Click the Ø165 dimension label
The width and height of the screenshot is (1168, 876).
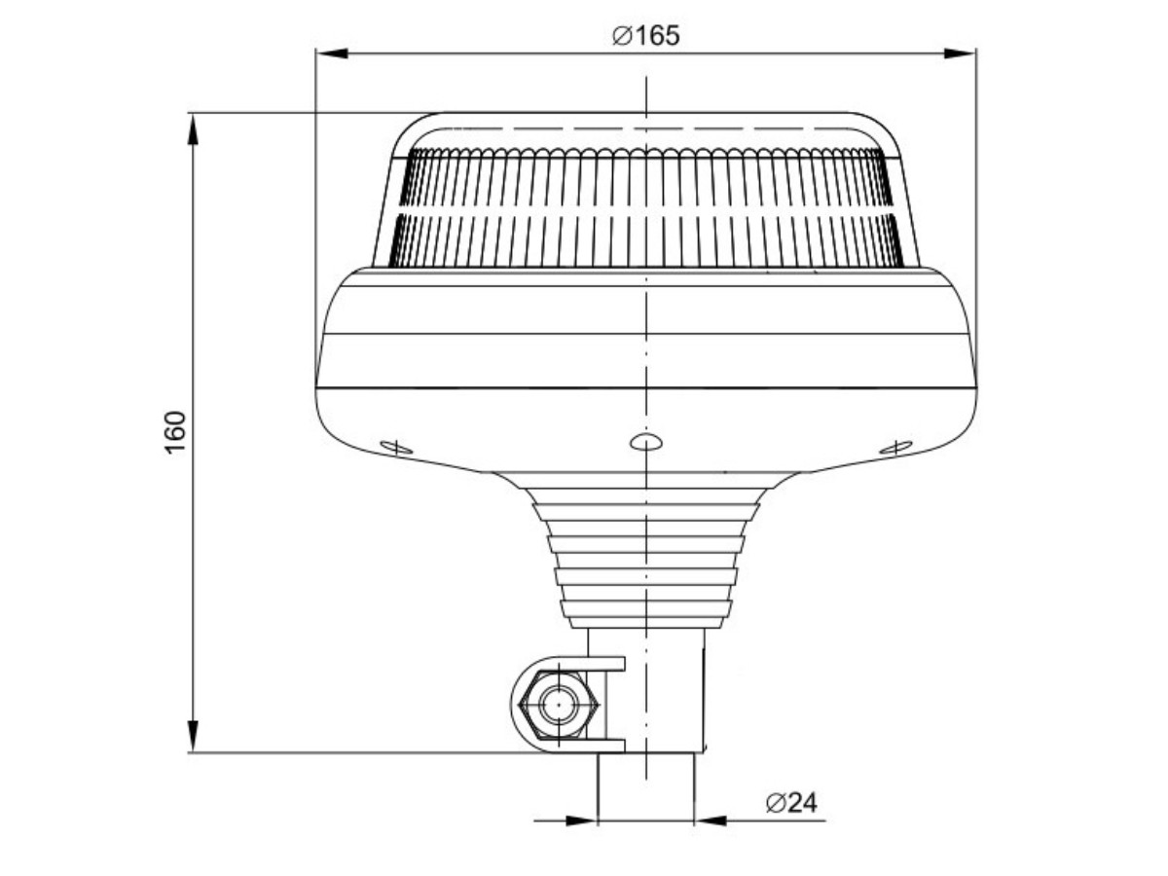(x=646, y=36)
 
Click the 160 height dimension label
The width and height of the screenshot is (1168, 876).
(x=175, y=432)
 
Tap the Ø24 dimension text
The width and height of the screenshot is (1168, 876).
(x=791, y=803)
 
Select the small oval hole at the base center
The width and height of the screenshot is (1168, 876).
(x=646, y=442)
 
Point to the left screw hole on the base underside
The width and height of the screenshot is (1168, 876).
(x=396, y=448)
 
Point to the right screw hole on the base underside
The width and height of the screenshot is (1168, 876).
(x=896, y=448)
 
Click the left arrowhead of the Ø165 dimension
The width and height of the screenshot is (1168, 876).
(x=332, y=54)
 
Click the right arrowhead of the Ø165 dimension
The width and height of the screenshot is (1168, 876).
(x=960, y=54)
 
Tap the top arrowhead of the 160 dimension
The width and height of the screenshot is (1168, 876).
(x=193, y=129)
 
